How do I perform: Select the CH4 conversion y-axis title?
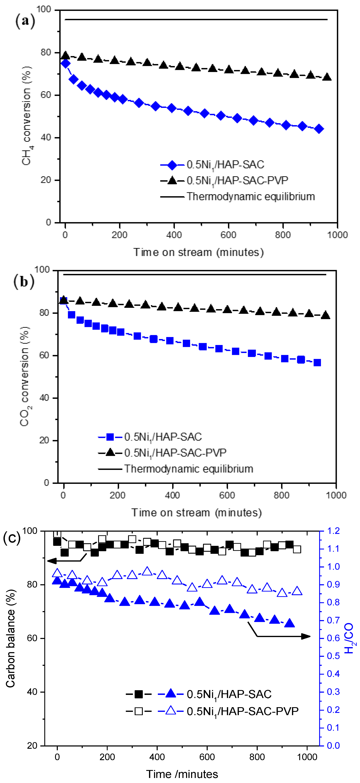click(x=27, y=115)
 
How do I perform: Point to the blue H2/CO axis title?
click(x=349, y=638)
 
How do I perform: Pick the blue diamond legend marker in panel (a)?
click(x=172, y=165)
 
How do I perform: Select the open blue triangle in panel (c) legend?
click(x=171, y=711)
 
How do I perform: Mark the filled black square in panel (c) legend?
click(x=138, y=694)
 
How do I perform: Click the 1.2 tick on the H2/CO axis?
click(x=333, y=531)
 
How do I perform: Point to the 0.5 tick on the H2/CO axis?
click(x=333, y=656)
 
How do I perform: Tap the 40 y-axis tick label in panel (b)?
click(x=44, y=398)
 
